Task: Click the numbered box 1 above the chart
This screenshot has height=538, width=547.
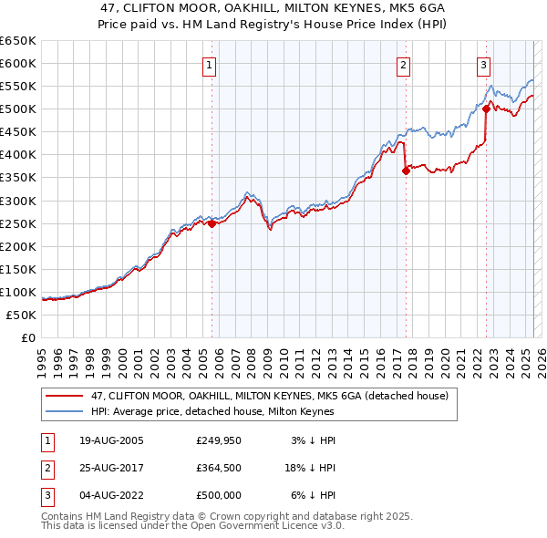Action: coord(210,65)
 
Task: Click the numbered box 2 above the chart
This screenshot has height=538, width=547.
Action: coord(403,65)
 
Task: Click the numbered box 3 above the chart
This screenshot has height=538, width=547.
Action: coord(483,65)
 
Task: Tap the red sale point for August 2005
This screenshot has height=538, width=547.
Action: coord(212,222)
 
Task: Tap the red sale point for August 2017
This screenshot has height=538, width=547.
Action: coord(406,171)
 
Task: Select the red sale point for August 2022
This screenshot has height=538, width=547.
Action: coord(486,109)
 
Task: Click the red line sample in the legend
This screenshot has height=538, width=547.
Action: coord(65,397)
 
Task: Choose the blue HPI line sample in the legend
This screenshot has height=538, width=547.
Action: coord(65,412)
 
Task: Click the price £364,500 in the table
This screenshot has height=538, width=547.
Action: coord(219,468)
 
